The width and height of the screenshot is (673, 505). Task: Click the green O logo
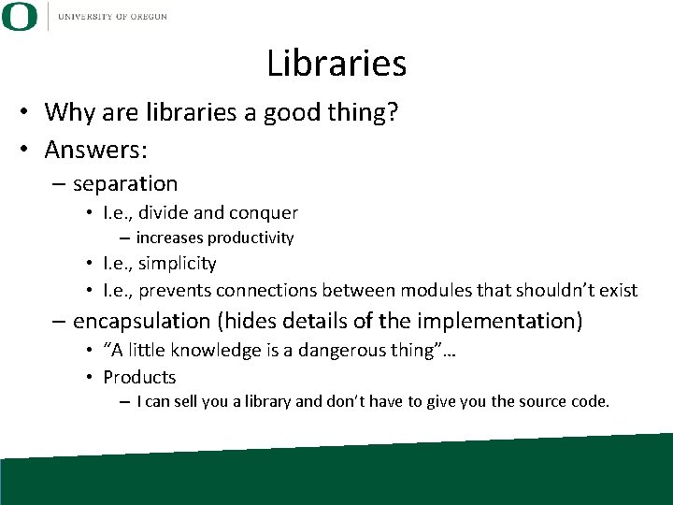click(20, 16)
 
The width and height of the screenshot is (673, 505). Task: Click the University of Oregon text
click(112, 16)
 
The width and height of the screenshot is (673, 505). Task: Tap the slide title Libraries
click(336, 64)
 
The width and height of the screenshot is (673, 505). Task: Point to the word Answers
click(94, 149)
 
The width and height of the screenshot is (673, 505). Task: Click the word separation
click(125, 183)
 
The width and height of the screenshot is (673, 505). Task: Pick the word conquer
click(265, 213)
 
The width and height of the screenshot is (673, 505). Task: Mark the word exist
click(619, 291)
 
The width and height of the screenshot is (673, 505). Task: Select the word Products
click(139, 378)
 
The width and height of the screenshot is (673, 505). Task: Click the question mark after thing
click(394, 113)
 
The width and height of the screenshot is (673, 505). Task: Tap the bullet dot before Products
click(89, 378)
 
